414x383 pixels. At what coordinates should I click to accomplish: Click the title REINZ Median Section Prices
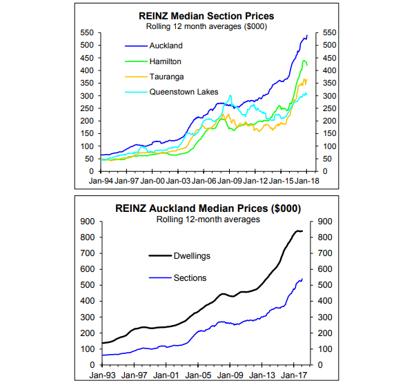[206, 16]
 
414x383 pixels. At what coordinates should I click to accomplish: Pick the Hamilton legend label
[166, 61]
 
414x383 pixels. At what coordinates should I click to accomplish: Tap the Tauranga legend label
[166, 76]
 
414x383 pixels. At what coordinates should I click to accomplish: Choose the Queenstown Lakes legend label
[184, 91]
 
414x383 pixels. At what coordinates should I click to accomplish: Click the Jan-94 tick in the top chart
[101, 181]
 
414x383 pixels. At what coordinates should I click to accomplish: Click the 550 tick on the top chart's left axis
[88, 32]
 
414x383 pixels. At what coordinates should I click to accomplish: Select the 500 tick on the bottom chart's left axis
[88, 285]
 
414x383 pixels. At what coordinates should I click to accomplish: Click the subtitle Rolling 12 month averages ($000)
[206, 26]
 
